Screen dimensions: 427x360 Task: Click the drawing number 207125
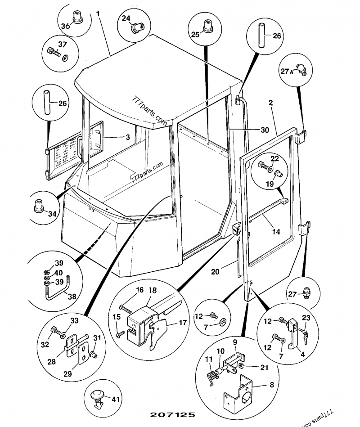(171, 413)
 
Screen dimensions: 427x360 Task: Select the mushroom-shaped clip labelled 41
(98, 397)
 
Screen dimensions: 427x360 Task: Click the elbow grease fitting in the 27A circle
(301, 69)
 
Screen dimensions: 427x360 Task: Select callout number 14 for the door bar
(276, 232)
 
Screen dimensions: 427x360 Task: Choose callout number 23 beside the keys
(306, 317)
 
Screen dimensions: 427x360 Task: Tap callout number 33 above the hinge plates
(75, 320)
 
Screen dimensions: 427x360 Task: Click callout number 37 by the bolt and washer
(62, 44)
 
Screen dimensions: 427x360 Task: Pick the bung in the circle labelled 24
(135, 28)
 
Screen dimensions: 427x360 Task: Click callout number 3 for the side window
(127, 137)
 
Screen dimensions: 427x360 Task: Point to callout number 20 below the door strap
(215, 271)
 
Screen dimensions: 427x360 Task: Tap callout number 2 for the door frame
(270, 103)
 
